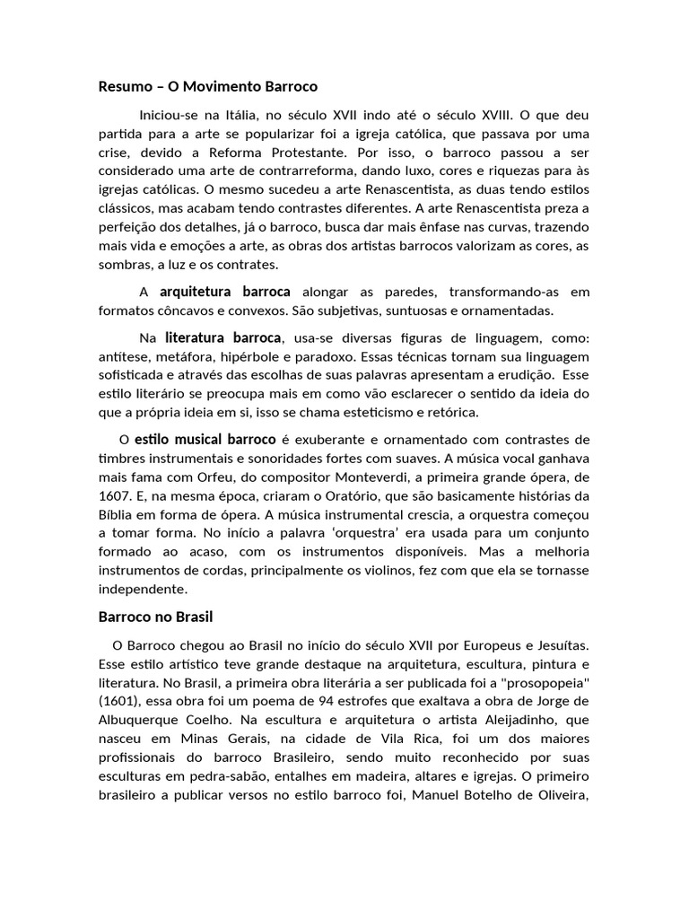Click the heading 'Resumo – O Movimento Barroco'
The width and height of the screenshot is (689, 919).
click(207, 87)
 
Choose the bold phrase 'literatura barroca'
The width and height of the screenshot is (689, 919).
click(223, 338)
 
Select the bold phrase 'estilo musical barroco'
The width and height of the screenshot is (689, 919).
click(205, 440)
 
